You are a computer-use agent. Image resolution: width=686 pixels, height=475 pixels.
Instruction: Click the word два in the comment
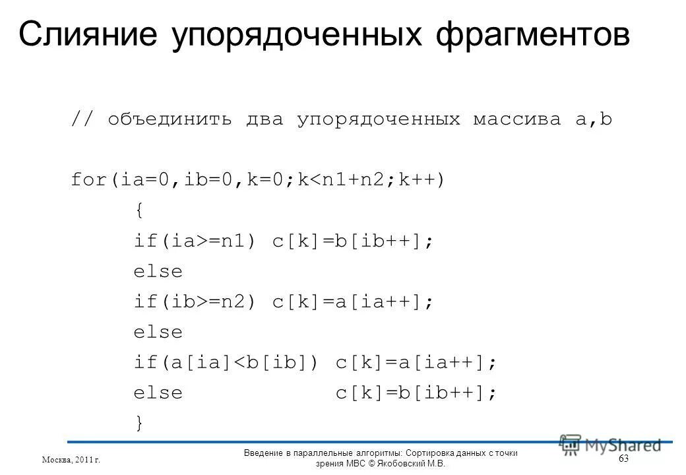(x=267, y=120)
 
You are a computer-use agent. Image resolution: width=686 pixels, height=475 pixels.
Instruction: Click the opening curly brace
(x=138, y=211)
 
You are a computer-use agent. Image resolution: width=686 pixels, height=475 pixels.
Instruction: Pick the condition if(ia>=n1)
(x=194, y=241)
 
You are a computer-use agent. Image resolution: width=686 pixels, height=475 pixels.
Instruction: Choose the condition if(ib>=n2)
(x=194, y=302)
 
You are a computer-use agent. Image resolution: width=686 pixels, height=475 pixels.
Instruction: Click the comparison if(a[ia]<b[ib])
(x=226, y=363)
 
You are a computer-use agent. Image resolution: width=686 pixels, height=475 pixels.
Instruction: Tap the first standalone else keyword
(x=158, y=272)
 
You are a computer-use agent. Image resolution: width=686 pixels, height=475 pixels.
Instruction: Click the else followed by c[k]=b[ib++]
(x=158, y=393)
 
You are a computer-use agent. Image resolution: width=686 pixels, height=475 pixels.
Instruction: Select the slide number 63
(x=623, y=458)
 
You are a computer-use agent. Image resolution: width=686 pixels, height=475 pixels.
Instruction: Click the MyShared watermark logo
(x=610, y=445)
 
